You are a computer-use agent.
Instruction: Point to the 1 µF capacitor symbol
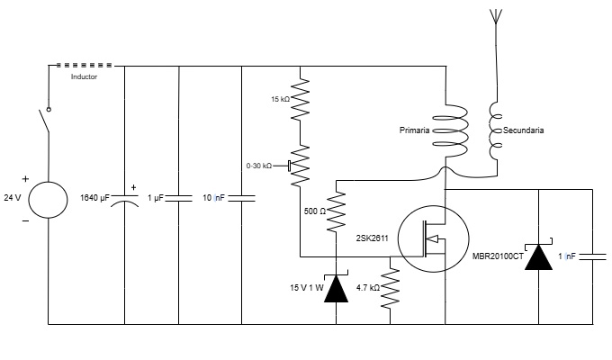pos(180,197)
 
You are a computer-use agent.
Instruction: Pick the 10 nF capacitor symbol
pos(242,197)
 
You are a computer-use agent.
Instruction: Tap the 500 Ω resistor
pos(337,211)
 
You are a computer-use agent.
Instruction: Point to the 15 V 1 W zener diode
pos(337,287)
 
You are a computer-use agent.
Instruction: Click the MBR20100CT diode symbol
pos(538,256)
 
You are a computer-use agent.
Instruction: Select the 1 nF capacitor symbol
pos(593,256)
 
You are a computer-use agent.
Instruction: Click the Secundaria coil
pos(494,130)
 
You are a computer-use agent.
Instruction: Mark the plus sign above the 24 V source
pos(25,178)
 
